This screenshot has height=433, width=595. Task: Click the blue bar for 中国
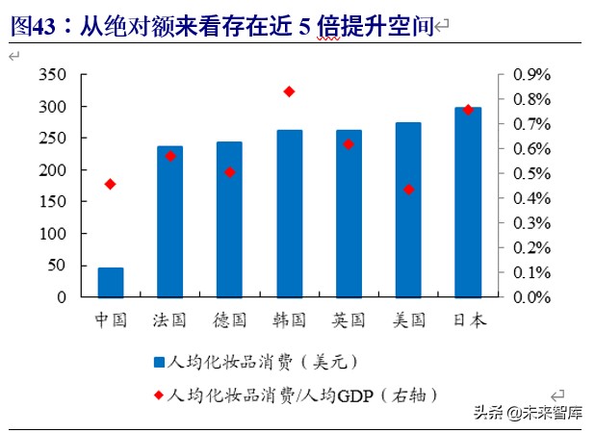pyautogui.click(x=111, y=282)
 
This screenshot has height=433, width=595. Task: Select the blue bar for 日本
pyautogui.click(x=468, y=202)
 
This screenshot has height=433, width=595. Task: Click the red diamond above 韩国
pyautogui.click(x=289, y=91)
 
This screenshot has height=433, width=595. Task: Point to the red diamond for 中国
pyautogui.click(x=111, y=184)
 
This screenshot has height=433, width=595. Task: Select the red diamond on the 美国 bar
pyautogui.click(x=408, y=190)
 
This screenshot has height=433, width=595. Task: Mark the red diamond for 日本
pyautogui.click(x=468, y=110)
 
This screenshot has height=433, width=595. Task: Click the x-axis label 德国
pyautogui.click(x=229, y=319)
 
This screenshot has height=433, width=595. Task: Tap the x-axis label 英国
pyautogui.click(x=348, y=319)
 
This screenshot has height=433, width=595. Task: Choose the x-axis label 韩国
pyautogui.click(x=289, y=319)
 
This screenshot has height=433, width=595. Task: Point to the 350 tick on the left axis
pyautogui.click(x=54, y=75)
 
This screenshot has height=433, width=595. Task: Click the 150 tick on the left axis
pyautogui.click(x=54, y=202)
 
